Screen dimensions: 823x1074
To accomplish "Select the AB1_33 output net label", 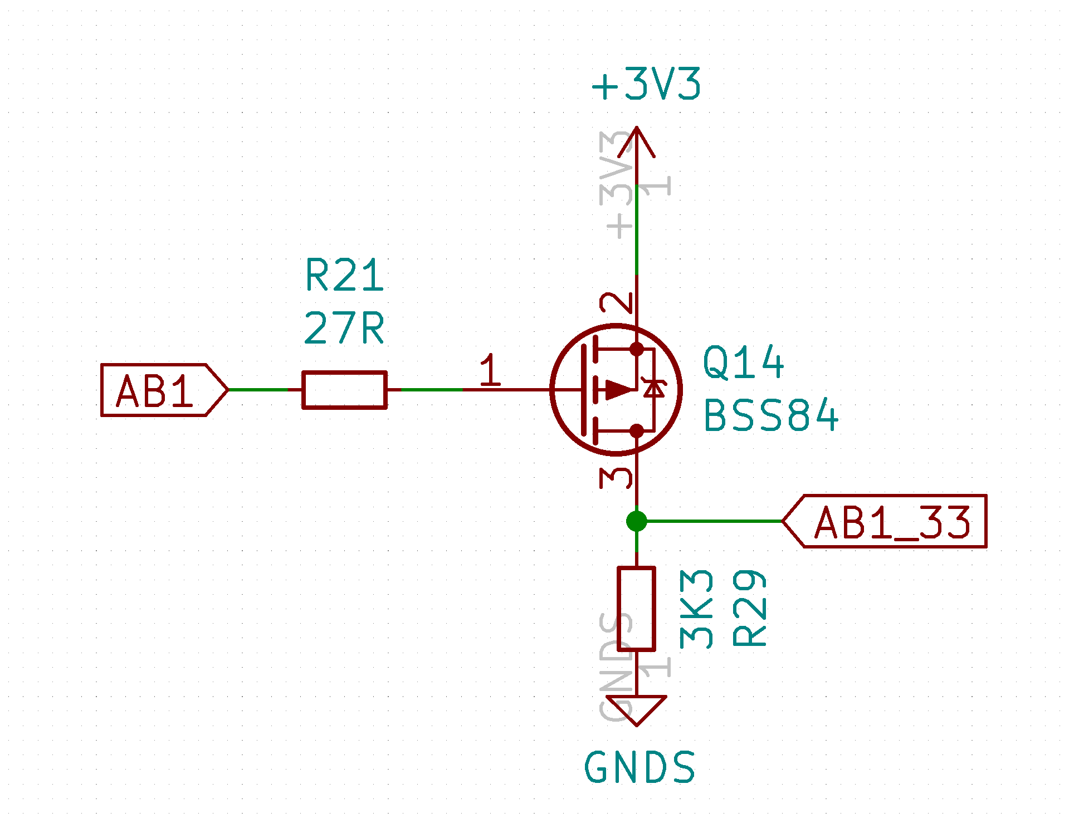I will (886, 522).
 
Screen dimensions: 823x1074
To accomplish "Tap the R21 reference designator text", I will (344, 275).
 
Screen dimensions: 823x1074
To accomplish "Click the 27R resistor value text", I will (344, 328).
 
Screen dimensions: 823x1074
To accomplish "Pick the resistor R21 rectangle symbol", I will (344, 390).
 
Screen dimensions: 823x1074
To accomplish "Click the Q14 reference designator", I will (743, 362).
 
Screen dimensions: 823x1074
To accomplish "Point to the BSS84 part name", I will (771, 415).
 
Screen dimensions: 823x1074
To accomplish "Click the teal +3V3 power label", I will (646, 85).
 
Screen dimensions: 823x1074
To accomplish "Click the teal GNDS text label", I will (639, 767).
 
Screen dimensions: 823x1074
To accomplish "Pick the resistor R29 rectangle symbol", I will (636, 609).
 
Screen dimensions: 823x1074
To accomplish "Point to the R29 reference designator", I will (750, 608).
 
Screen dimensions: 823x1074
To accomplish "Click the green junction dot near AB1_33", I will (636, 521).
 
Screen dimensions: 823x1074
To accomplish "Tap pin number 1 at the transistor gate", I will (490, 370).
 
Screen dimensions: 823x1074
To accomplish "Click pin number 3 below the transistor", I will (616, 477).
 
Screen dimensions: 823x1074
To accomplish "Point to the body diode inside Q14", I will (653, 388).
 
